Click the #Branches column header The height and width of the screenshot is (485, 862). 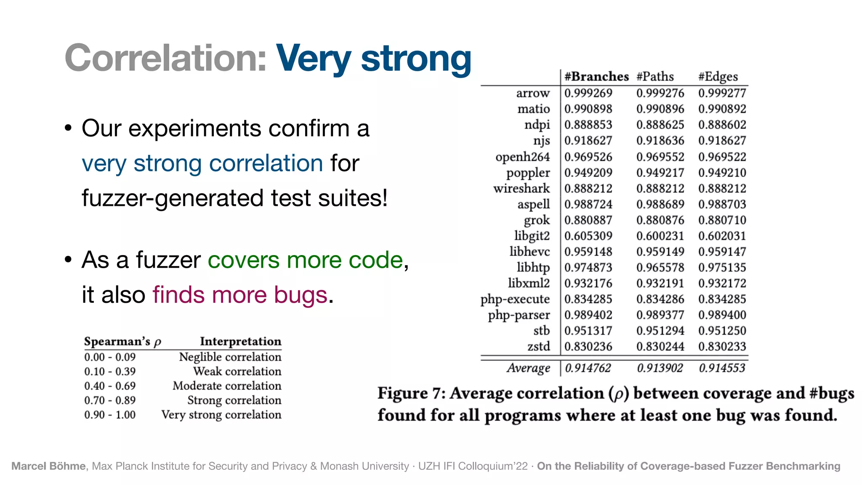(596, 77)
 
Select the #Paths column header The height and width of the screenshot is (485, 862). (655, 77)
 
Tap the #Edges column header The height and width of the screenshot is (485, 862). (718, 77)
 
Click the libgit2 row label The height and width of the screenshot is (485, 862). (532, 236)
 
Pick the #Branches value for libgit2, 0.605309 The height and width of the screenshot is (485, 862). (588, 236)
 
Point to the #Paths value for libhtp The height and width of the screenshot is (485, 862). (660, 268)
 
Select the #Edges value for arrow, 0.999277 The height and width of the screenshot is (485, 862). (722, 93)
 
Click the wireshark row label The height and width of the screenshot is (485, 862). (521, 188)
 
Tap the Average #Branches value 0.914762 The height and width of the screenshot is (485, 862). (588, 368)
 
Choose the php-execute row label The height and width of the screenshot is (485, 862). (515, 299)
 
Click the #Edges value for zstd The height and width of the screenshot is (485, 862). (722, 346)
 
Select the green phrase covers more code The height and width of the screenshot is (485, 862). (306, 260)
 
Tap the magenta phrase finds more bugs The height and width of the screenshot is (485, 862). (240, 295)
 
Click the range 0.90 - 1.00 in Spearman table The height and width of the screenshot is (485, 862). (110, 415)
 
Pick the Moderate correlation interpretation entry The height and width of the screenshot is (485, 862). (227, 386)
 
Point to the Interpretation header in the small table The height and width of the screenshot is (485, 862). (240, 341)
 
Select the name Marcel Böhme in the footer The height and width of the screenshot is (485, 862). (48, 466)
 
